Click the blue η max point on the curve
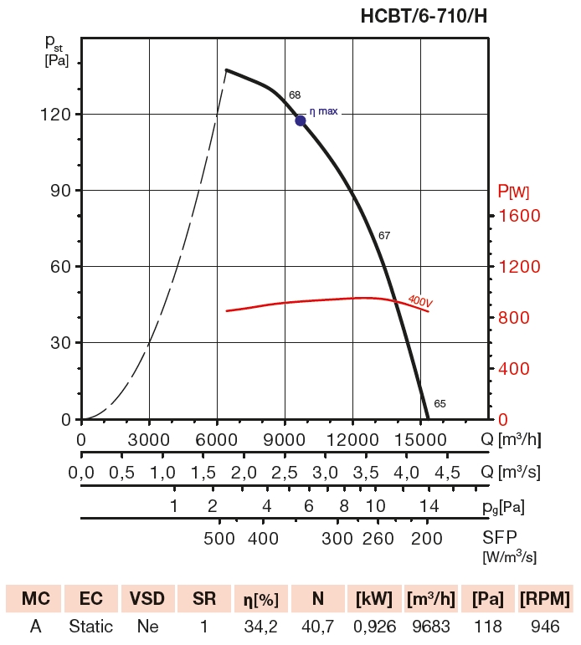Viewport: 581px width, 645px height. pos(301,120)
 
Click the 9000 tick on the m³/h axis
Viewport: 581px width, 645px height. pos(285,440)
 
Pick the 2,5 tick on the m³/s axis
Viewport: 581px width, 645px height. pos(285,473)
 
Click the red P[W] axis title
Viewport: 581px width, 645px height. pos(513,192)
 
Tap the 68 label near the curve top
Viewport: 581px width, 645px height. pos(295,95)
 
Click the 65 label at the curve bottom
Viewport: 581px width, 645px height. pos(440,404)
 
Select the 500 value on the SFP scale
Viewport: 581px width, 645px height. pos(219,538)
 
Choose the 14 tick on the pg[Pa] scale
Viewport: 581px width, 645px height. pos(429,506)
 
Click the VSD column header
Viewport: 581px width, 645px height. pos(147,599)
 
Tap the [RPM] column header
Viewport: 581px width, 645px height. pos(545,599)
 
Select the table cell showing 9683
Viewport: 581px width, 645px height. pos(430,626)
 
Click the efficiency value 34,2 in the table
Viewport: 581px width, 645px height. pos(260,626)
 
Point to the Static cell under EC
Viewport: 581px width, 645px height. pos(90,626)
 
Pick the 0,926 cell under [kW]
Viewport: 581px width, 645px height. pos(374,626)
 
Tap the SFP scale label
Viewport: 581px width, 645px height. pos(501,538)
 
